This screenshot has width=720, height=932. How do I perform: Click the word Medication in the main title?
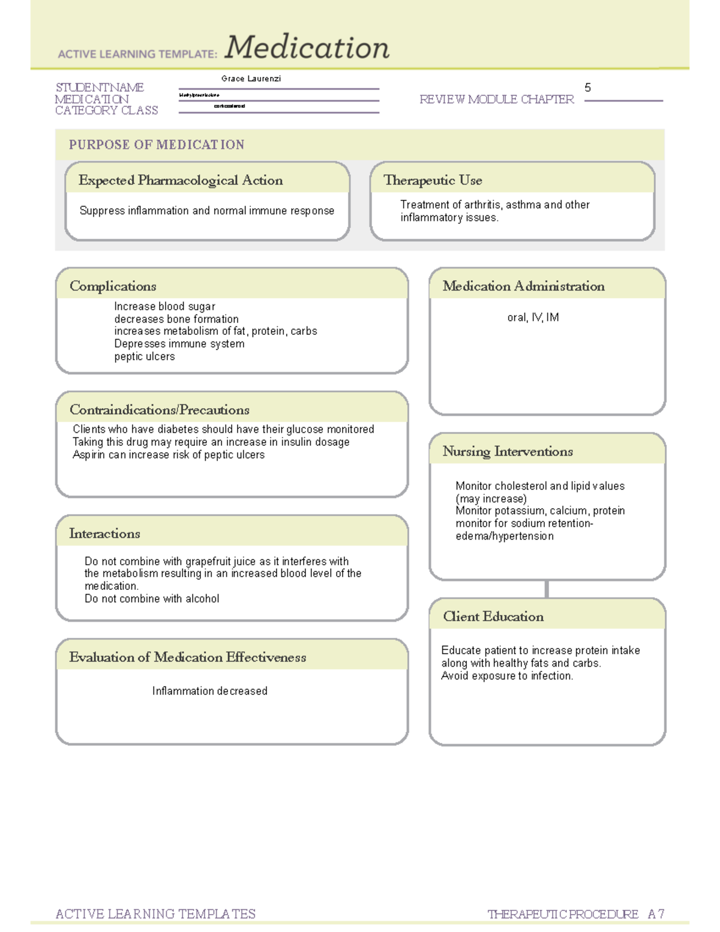coord(307,48)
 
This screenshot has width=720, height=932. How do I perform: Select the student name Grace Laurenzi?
coord(251,79)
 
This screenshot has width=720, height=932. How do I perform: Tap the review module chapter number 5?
coord(587,88)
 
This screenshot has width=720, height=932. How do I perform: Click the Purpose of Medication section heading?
coord(157,145)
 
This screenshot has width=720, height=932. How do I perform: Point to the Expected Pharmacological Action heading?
coord(181,180)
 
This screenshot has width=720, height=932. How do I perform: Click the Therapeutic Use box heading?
coord(433,180)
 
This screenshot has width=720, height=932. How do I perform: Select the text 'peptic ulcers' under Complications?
coord(145,356)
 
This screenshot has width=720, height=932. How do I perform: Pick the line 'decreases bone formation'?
coord(176,319)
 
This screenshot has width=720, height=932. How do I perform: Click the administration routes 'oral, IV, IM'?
coord(533,317)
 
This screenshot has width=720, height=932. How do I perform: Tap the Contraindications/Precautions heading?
coord(160,410)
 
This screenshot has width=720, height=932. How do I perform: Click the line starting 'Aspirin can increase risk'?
coord(169,455)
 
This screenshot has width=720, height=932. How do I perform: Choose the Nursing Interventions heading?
coord(508,451)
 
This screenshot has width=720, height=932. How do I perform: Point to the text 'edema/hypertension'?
coord(505,537)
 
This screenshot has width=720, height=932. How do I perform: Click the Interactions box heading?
coord(104,534)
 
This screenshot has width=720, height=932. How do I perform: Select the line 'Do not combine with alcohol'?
coord(152,599)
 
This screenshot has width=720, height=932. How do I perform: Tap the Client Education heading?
coord(493,616)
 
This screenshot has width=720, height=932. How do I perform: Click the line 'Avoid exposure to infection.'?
coord(507,676)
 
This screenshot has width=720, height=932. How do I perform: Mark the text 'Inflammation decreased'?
coord(209,691)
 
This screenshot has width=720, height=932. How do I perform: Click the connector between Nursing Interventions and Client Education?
coord(547,589)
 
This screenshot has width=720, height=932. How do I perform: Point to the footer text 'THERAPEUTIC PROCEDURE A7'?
coord(575,914)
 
